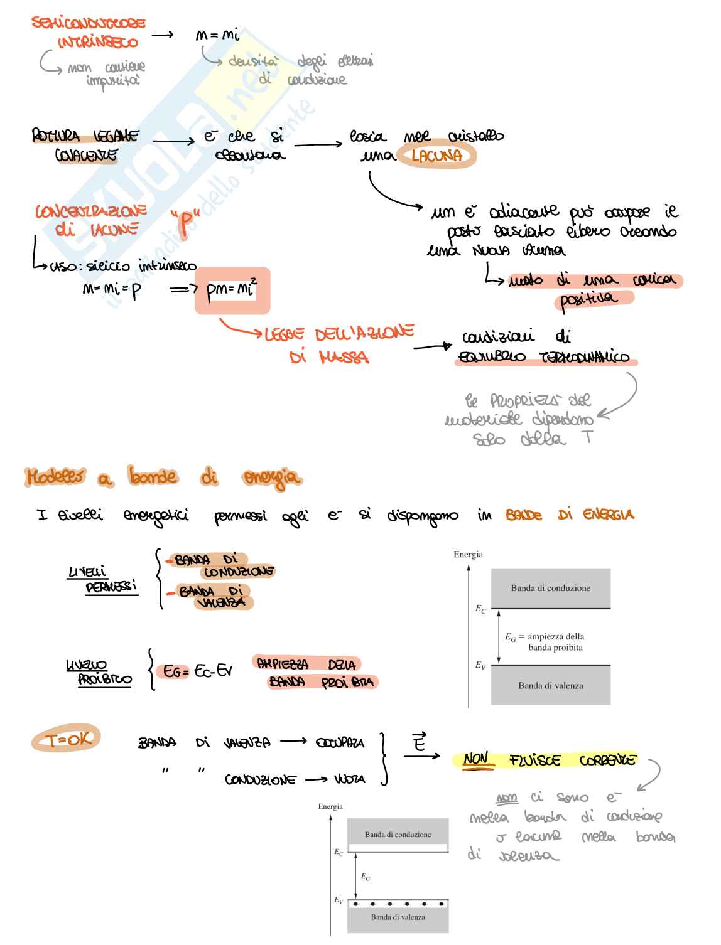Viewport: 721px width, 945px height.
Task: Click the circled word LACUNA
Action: [x=437, y=156]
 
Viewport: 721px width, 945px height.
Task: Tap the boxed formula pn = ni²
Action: [x=232, y=290]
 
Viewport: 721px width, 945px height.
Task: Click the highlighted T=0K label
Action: [x=66, y=740]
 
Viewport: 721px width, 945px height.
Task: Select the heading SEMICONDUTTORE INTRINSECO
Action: [x=89, y=33]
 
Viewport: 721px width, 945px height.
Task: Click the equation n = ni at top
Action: [x=217, y=36]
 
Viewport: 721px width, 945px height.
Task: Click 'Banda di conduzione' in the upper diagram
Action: [x=550, y=588]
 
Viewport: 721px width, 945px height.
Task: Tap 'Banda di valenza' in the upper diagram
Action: [x=550, y=686]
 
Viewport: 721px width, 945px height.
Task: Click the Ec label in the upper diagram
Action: [x=480, y=609]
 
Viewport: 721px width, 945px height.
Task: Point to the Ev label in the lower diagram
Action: [x=339, y=900]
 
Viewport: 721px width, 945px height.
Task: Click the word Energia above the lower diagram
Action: [x=330, y=806]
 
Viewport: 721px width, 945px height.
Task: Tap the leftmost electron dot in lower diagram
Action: [x=356, y=904]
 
